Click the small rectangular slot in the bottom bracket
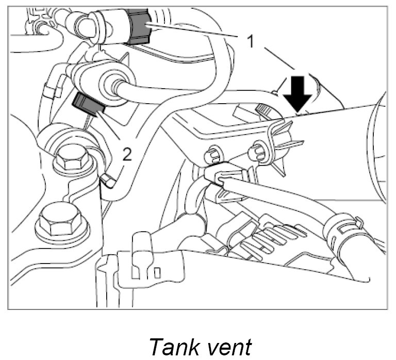(158, 272)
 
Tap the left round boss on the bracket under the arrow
(213, 153)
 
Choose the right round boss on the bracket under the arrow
(256, 151)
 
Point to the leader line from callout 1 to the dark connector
(196, 32)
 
